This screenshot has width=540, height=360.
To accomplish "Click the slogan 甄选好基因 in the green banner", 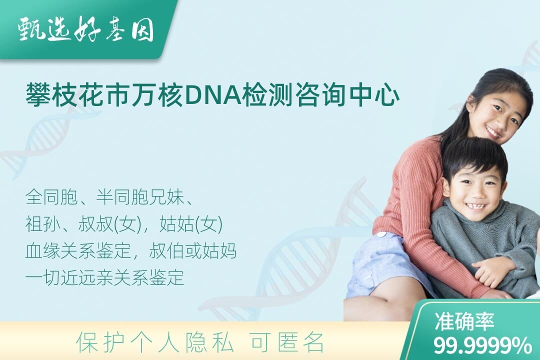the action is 85,30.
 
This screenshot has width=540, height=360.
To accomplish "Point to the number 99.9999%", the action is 482,345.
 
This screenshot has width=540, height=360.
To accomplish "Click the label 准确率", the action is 464,321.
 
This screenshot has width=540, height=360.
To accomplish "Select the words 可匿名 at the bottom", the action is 287,342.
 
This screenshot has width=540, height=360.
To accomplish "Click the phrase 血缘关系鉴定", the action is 78,251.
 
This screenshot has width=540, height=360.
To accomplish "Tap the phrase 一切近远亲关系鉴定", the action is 104,277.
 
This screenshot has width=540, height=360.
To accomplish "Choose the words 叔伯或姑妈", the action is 193,251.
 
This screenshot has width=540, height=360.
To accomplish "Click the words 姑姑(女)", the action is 191,224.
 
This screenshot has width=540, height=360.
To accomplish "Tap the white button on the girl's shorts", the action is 381,235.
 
